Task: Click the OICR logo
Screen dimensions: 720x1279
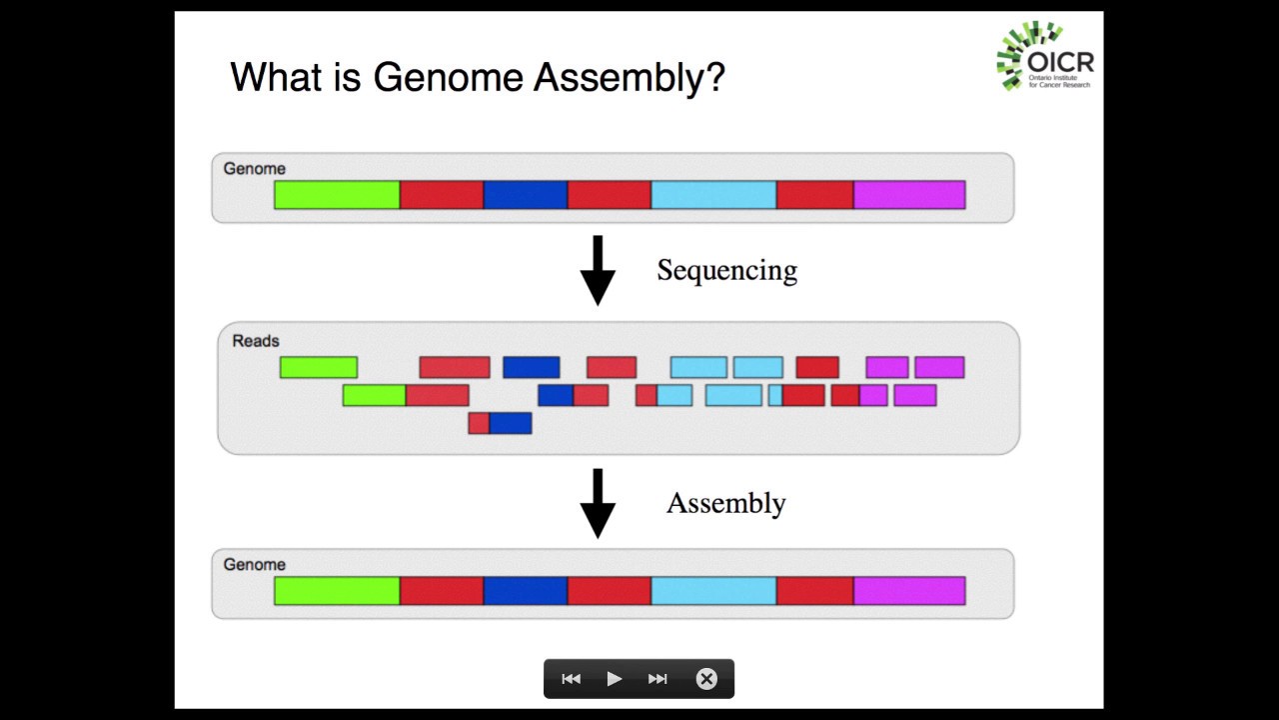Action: (1044, 56)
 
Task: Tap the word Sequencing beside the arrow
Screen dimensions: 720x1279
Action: (726, 271)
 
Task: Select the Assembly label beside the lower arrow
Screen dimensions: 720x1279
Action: (725, 503)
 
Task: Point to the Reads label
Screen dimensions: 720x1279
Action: (256, 341)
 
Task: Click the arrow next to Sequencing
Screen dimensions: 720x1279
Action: (598, 270)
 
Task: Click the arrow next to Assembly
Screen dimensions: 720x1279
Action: (598, 503)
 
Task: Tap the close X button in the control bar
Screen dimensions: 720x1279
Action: (706, 679)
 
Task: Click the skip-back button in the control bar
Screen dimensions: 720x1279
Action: (571, 679)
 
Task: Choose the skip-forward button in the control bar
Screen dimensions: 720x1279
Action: (657, 679)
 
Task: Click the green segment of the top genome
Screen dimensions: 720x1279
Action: (337, 195)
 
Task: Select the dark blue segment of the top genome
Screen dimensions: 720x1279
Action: (526, 195)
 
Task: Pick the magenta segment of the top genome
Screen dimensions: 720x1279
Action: (909, 195)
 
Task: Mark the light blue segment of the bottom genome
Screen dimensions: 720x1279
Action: (713, 591)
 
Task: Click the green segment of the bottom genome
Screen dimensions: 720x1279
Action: (337, 591)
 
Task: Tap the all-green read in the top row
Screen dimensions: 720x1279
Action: (319, 368)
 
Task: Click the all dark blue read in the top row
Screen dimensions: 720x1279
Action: (531, 368)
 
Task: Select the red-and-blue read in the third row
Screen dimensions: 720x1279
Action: (500, 423)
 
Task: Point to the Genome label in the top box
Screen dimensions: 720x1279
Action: (254, 169)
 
